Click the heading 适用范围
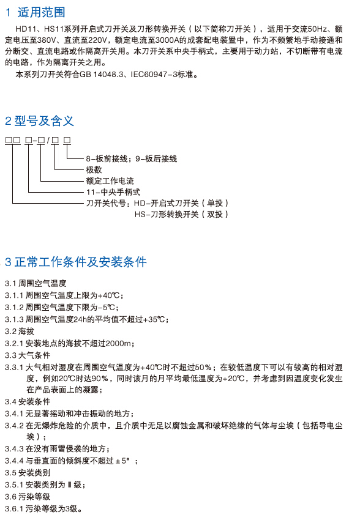[42, 13]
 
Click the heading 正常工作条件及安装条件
[80, 262]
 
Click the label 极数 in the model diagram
[94, 170]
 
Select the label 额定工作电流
[110, 181]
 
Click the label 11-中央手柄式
[113, 192]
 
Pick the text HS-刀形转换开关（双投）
[181, 214]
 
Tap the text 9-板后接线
[156, 159]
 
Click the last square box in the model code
[67, 141]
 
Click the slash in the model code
[48, 141]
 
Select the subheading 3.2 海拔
[20, 332]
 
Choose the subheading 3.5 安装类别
[28, 473]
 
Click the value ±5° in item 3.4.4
[122, 461]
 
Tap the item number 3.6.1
[14, 509]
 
